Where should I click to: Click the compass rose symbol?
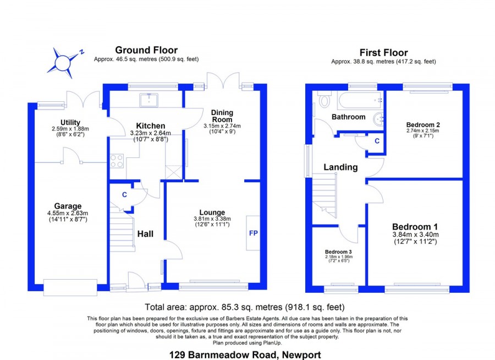pyautogui.click(x=63, y=63)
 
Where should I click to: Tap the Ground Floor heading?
pyautogui.click(x=146, y=50)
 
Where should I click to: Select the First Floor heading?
pyautogui.click(x=383, y=52)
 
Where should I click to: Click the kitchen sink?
pyautogui.click(x=149, y=99)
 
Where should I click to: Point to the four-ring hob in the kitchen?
pyautogui.click(x=117, y=161)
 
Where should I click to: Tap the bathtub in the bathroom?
pyautogui.click(x=360, y=100)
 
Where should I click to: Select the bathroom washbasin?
pyautogui.click(x=378, y=119)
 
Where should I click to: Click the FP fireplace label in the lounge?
pyautogui.click(x=254, y=233)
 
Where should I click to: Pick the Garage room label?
pyautogui.click(x=68, y=206)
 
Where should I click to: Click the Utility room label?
pyautogui.click(x=70, y=122)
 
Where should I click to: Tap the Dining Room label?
pyautogui.click(x=222, y=116)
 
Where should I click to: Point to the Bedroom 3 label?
pyautogui.click(x=338, y=252)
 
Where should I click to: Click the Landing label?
pyautogui.click(x=340, y=167)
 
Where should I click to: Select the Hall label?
pyautogui.click(x=145, y=234)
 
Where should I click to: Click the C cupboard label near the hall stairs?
pyautogui.click(x=124, y=195)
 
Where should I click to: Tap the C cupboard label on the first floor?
pyautogui.click(x=377, y=141)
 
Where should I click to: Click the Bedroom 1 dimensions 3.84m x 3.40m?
pyautogui.click(x=415, y=234)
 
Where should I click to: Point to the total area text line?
pyautogui.click(x=245, y=307)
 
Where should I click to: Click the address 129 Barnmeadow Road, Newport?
pyautogui.click(x=245, y=355)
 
